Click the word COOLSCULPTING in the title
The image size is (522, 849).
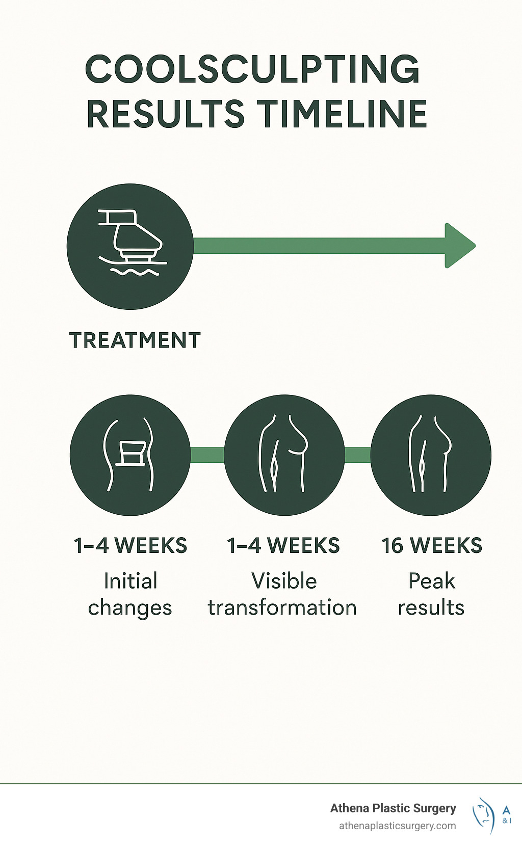pyautogui.click(x=252, y=69)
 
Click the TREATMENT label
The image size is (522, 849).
pyautogui.click(x=135, y=340)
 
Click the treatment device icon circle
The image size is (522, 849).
pyautogui.click(x=130, y=246)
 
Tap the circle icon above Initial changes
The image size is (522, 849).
pyautogui.click(x=130, y=455)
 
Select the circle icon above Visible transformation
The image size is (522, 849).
pyautogui.click(x=284, y=455)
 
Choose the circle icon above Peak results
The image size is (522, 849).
pyautogui.click(x=431, y=455)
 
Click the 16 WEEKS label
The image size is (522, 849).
pyautogui.click(x=432, y=546)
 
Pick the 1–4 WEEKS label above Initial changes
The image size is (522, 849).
pyautogui.click(x=130, y=546)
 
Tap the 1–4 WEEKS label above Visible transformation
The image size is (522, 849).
pyautogui.click(x=283, y=546)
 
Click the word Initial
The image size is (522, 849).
pyautogui.click(x=130, y=581)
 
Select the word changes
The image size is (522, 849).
pyautogui.click(x=130, y=608)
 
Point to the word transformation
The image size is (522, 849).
pyautogui.click(x=282, y=608)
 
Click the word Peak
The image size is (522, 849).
pyautogui.click(x=431, y=581)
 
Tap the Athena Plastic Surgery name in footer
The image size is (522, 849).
pyautogui.click(x=393, y=808)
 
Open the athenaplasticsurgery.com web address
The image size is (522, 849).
pyautogui.click(x=398, y=826)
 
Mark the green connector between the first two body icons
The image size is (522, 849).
pyautogui.click(x=207, y=455)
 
